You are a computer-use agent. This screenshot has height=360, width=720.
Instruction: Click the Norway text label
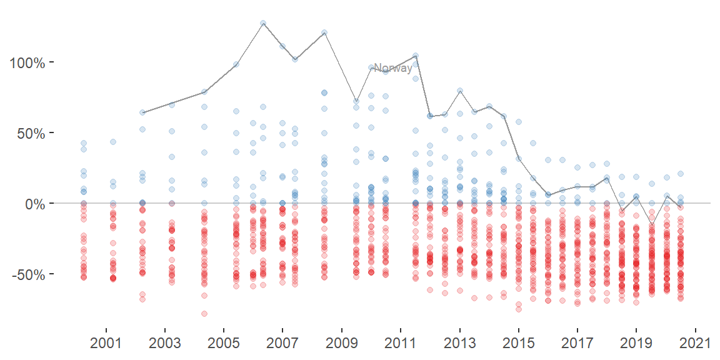(392, 68)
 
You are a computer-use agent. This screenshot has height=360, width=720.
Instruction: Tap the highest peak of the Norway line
(263, 23)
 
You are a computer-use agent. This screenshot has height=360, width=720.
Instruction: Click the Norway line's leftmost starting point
(142, 112)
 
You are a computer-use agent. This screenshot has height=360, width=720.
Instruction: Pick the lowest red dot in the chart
(204, 314)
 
